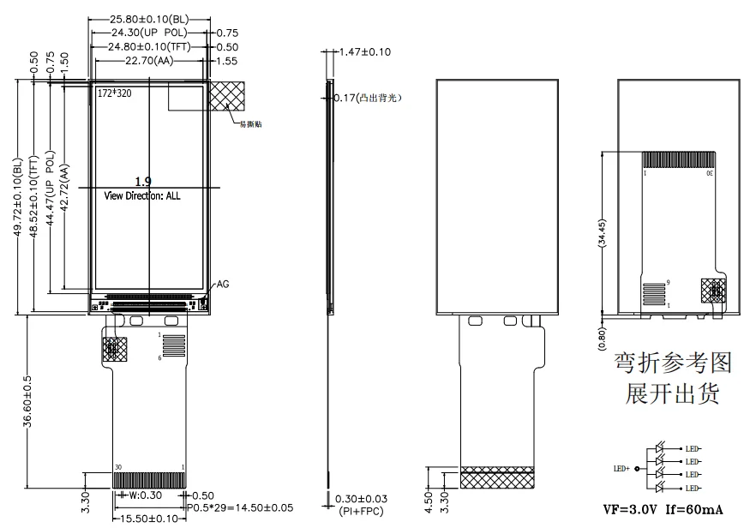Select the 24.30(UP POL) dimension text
tap(143, 33)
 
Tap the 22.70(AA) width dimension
tap(148, 61)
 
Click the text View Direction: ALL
tap(142, 195)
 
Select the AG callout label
tap(223, 284)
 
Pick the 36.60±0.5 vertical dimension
tap(29, 400)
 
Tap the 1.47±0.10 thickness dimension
tap(366, 52)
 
